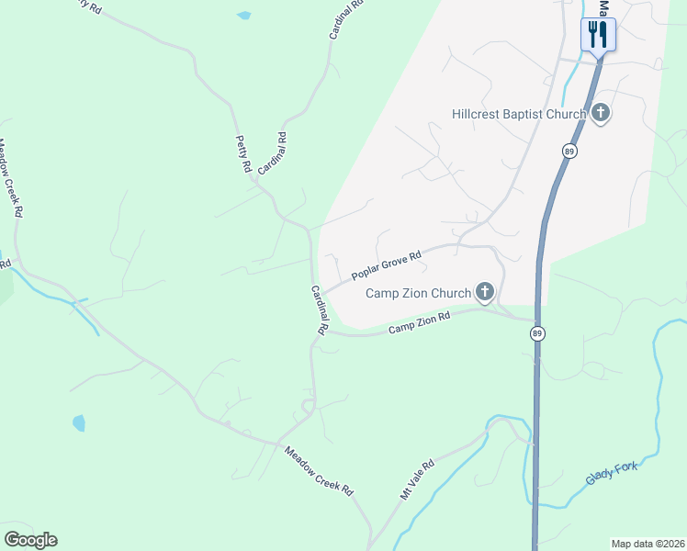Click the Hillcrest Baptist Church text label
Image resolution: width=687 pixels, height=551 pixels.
click(519, 115)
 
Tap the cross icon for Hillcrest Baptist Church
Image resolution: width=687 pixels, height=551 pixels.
click(601, 114)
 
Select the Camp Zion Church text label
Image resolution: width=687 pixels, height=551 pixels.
click(418, 294)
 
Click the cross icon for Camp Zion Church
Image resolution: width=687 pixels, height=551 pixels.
click(484, 293)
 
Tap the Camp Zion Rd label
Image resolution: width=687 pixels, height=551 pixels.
click(419, 323)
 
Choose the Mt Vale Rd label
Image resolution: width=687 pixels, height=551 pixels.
click(416, 479)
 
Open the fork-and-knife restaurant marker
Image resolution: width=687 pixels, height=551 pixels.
click(598, 36)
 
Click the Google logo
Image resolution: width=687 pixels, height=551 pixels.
click(30, 540)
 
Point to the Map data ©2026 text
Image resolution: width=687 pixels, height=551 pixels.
click(648, 544)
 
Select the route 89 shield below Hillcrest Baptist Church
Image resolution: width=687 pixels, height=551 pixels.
click(570, 151)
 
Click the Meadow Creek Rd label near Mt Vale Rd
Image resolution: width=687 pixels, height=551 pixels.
click(318, 471)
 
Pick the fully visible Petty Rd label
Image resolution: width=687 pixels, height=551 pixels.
click(243, 153)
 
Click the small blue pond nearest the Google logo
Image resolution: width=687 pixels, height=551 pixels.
click(79, 423)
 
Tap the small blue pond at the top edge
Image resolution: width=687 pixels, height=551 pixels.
click(243, 16)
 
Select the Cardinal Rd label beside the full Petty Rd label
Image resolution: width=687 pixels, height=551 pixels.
click(273, 153)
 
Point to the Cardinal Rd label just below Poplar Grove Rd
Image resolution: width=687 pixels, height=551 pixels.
click(319, 309)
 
